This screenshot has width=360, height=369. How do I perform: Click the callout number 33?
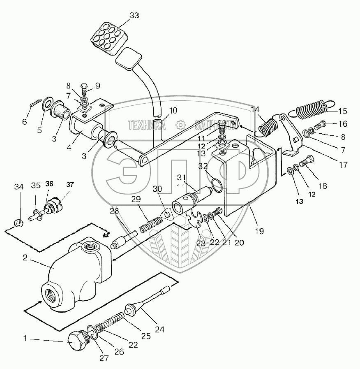134,16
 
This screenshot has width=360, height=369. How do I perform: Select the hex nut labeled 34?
18,223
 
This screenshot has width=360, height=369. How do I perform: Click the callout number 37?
70,185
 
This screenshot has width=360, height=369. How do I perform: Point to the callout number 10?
173,110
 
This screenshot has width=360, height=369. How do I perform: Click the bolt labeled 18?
307,162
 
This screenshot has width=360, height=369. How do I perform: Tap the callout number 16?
342,123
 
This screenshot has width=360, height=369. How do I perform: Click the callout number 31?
181,177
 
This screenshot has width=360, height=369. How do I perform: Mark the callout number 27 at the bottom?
104,358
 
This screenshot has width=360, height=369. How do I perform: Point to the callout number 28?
114,211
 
